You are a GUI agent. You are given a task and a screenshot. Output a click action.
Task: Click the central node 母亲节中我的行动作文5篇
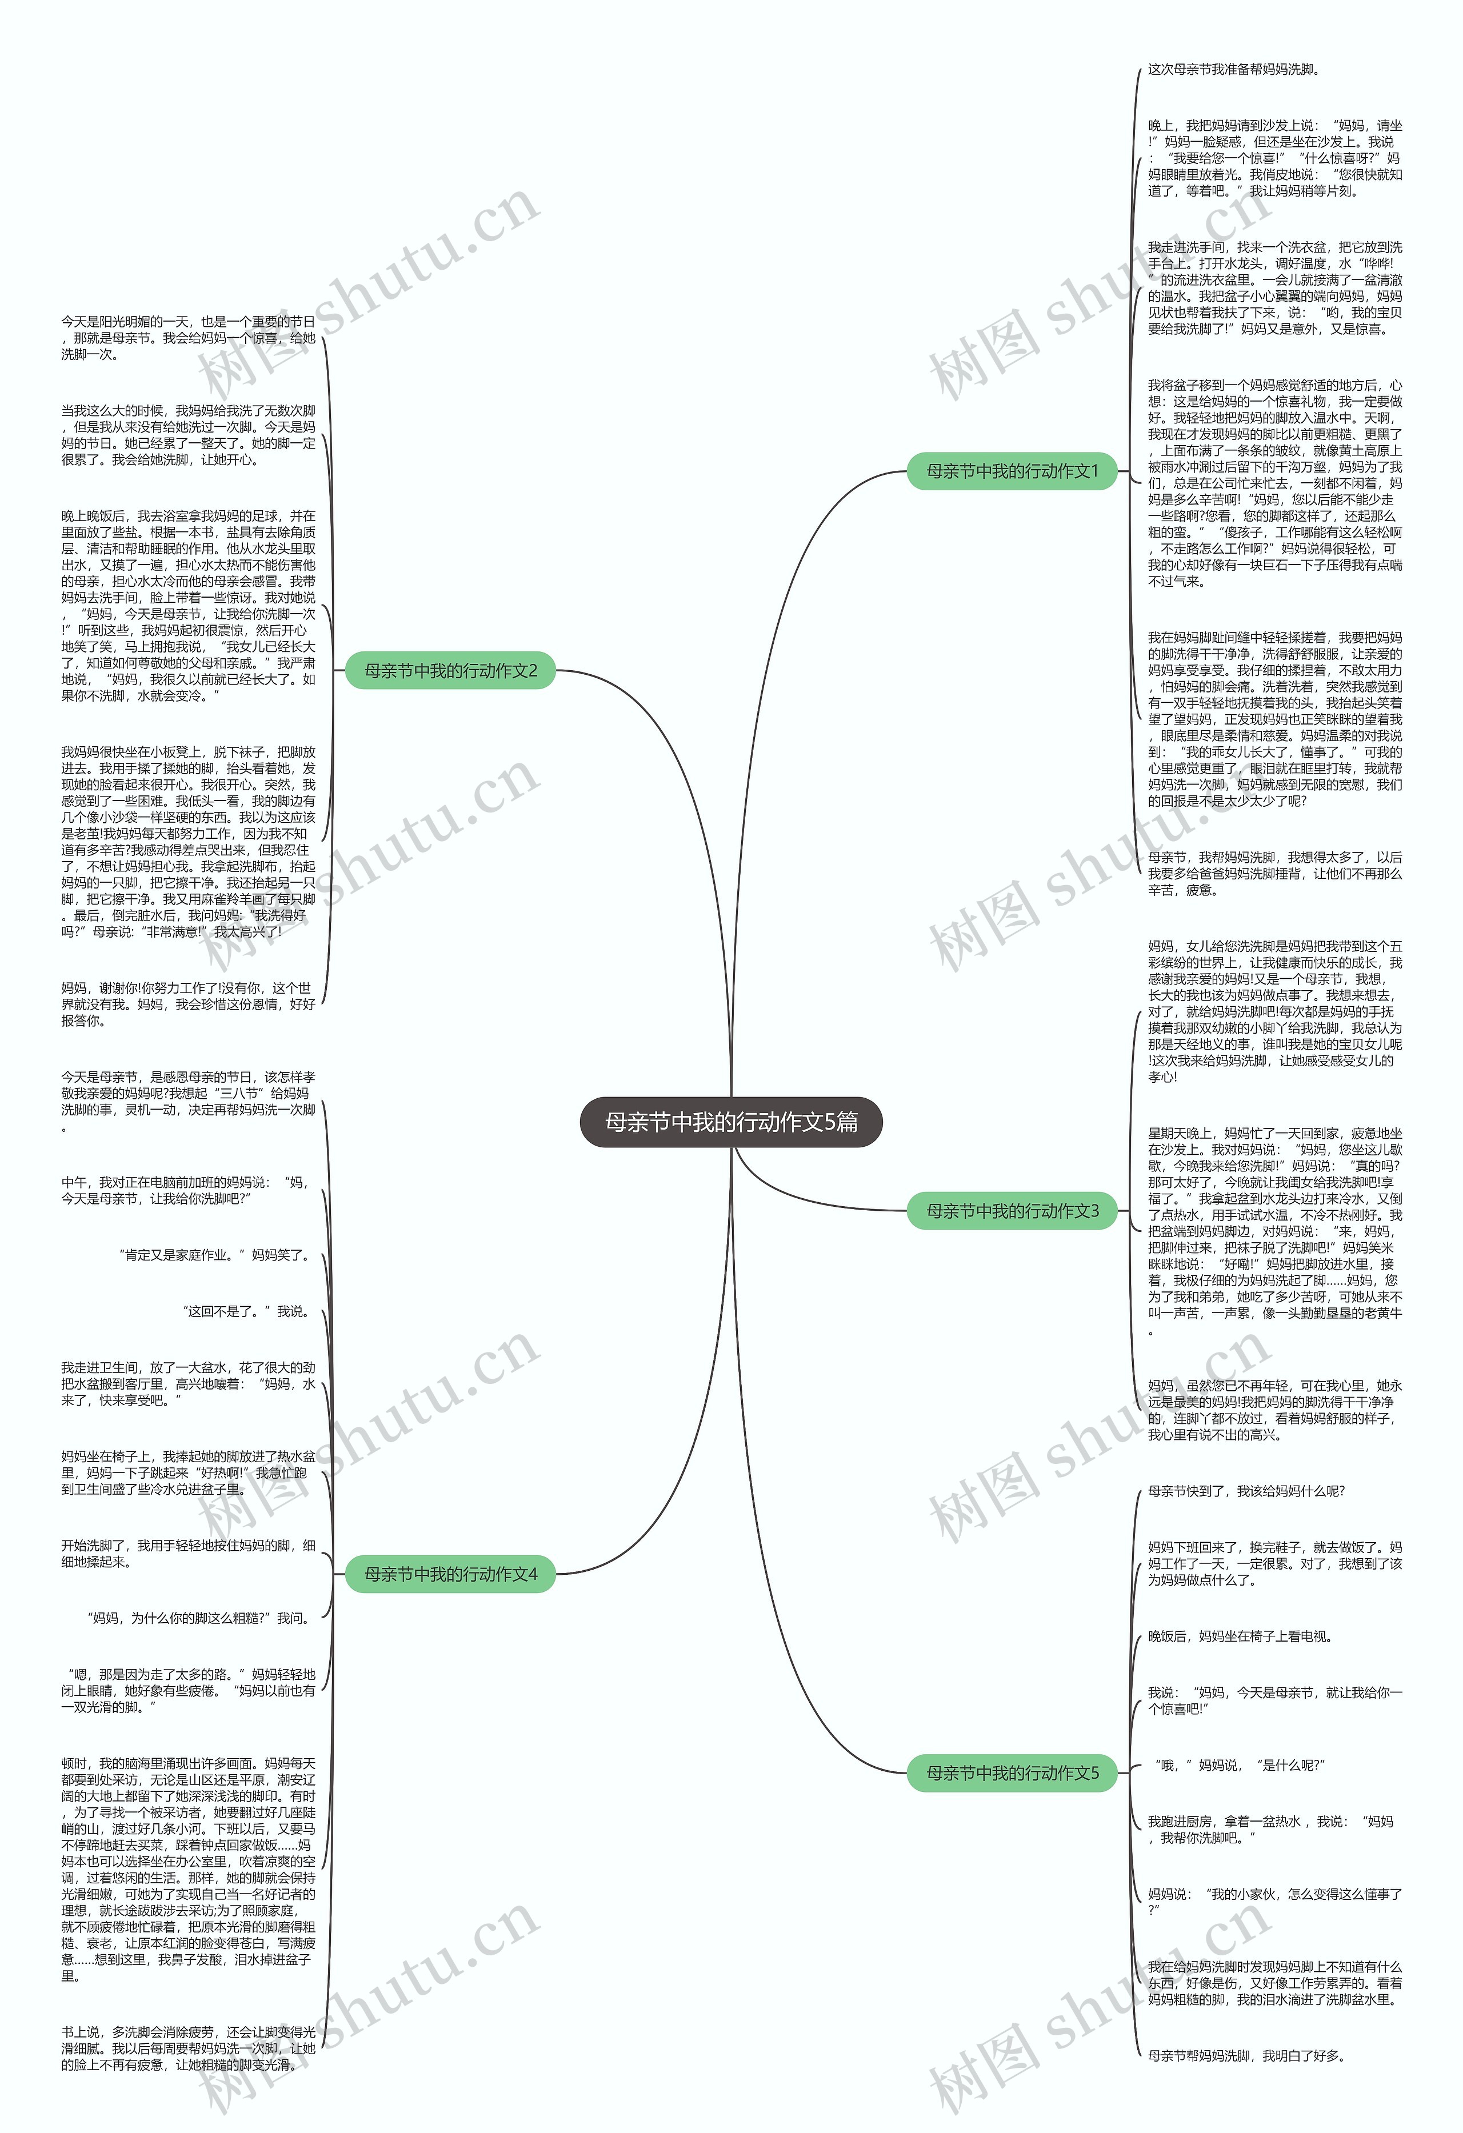(x=730, y=1122)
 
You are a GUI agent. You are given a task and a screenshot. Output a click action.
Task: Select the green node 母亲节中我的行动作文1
(x=1012, y=471)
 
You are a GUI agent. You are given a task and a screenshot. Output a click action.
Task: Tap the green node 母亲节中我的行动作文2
(x=450, y=671)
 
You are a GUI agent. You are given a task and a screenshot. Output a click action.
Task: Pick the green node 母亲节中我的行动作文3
(x=1012, y=1211)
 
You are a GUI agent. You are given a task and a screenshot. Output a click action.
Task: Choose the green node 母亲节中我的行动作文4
(x=450, y=1574)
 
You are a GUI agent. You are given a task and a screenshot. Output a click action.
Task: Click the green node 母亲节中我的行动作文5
(x=1012, y=1772)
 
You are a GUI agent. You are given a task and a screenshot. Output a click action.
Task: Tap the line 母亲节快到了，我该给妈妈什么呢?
(x=1245, y=1491)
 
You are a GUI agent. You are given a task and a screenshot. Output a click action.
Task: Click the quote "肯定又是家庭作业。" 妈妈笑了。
(x=217, y=1255)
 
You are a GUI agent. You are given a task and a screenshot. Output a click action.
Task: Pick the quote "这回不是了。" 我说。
(x=246, y=1311)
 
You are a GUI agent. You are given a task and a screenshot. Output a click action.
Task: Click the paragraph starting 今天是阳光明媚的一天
(x=188, y=338)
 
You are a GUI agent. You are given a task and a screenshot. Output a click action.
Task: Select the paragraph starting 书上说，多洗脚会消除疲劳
(x=188, y=2048)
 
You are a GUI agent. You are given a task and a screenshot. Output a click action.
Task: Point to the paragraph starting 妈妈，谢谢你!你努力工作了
(x=188, y=1004)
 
